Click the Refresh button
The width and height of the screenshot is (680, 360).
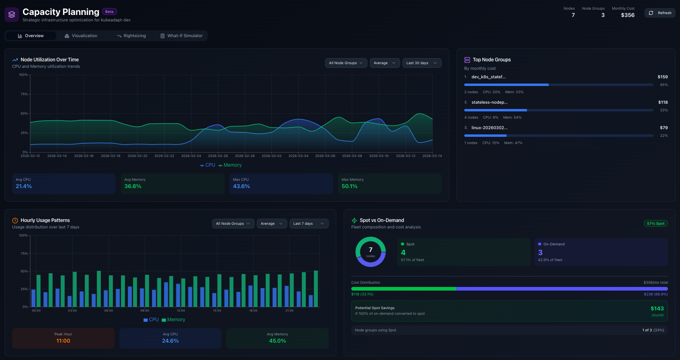pyautogui.click(x=660, y=13)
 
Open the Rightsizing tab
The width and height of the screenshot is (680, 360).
pyautogui.click(x=131, y=36)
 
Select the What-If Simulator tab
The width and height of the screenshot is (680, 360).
pyautogui.click(x=181, y=36)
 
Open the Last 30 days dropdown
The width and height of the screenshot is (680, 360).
pyautogui.click(x=421, y=63)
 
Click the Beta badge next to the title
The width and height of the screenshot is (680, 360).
pyautogui.click(x=109, y=12)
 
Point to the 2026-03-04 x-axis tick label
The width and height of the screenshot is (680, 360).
pyautogui.click(x=298, y=156)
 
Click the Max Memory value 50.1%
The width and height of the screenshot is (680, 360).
pyautogui.click(x=349, y=186)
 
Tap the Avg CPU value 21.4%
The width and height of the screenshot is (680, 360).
pyautogui.click(x=24, y=186)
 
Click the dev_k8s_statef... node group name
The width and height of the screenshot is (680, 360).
pyautogui.click(x=488, y=77)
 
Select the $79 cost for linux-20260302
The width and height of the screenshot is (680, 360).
pyautogui.click(x=663, y=128)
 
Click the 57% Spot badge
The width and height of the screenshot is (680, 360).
pyautogui.click(x=655, y=224)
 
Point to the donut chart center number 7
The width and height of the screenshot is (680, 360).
pyautogui.click(x=370, y=250)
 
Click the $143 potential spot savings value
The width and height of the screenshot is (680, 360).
pyautogui.click(x=657, y=308)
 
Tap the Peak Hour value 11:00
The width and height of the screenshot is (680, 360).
pyautogui.click(x=63, y=341)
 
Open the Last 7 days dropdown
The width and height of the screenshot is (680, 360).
pyautogui.click(x=309, y=224)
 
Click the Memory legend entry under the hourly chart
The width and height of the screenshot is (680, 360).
pyautogui.click(x=173, y=320)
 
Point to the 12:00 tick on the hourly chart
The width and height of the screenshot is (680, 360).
pyautogui.click(x=181, y=310)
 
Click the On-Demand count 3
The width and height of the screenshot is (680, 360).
pyautogui.click(x=540, y=253)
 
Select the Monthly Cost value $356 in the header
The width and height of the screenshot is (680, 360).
pyautogui.click(x=628, y=15)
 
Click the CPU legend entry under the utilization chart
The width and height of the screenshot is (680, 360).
pyautogui.click(x=208, y=165)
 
